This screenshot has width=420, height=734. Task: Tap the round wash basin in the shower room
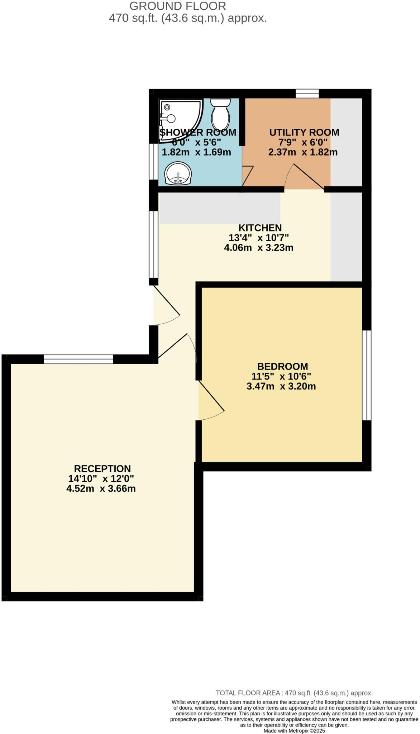(178, 174)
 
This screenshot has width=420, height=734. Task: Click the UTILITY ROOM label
(304, 133)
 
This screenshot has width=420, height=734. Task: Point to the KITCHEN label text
(260, 228)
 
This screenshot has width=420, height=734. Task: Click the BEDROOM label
(282, 367)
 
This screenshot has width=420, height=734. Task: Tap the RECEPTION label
(102, 469)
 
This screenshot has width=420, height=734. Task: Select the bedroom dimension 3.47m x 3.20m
(281, 386)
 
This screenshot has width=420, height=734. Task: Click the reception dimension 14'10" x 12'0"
(101, 478)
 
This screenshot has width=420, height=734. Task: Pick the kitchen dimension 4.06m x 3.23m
(258, 248)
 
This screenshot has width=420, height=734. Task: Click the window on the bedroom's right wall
(367, 375)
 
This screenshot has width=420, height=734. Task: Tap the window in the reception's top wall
(78, 359)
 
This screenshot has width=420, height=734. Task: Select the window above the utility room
(307, 94)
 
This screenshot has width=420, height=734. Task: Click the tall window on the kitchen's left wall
(154, 244)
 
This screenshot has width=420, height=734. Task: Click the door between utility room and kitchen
(309, 177)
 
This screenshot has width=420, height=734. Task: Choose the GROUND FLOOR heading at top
(177, 6)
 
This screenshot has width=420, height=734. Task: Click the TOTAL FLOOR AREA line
(294, 693)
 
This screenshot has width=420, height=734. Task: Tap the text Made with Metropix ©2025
(294, 730)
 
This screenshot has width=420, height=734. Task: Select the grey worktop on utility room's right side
(346, 142)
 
